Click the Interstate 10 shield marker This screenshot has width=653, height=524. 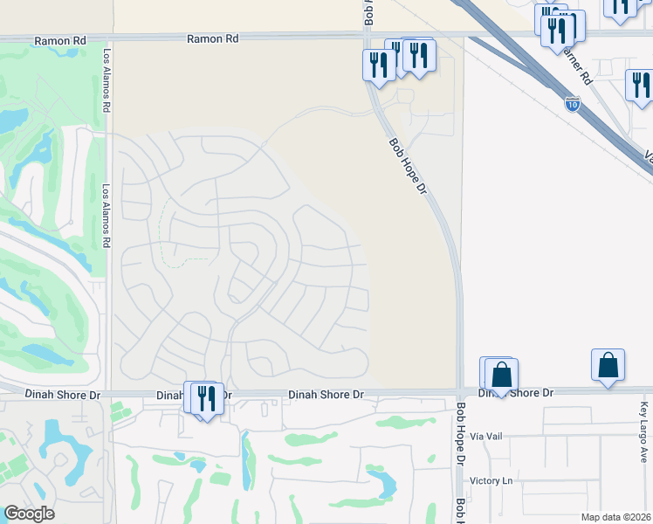click(572, 103)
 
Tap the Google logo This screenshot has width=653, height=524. click(29, 514)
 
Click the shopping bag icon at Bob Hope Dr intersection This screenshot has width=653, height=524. click(501, 376)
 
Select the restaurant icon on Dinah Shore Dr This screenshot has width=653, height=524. click(206, 398)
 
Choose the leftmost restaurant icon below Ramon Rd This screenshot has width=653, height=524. click(378, 65)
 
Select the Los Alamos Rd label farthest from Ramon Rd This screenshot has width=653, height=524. click(107, 217)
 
